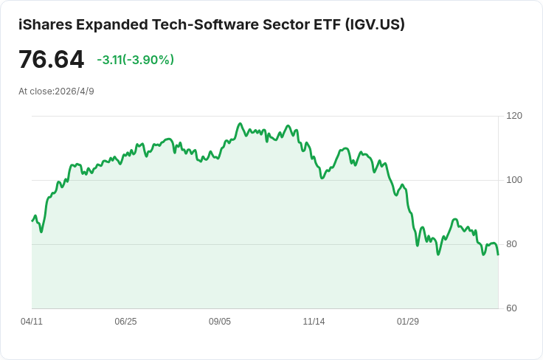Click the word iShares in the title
coord(45,24)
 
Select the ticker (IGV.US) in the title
coord(375,24)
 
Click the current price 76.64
coord(51,59)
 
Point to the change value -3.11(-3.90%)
coord(136,60)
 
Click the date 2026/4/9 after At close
coord(75,91)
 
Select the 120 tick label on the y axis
coord(514,116)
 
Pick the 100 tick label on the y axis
coord(514,180)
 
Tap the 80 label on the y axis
coord(511,244)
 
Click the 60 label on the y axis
coord(511,308)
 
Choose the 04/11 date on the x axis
coord(32,321)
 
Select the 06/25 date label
coord(125,321)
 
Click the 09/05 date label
coord(220,321)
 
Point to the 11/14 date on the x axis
coord(314,321)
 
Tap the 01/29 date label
coord(407,321)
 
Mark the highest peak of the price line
coord(240,124)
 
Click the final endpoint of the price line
coord(498,255)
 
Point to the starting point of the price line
coord(32,221)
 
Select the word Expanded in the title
coord(112,24)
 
